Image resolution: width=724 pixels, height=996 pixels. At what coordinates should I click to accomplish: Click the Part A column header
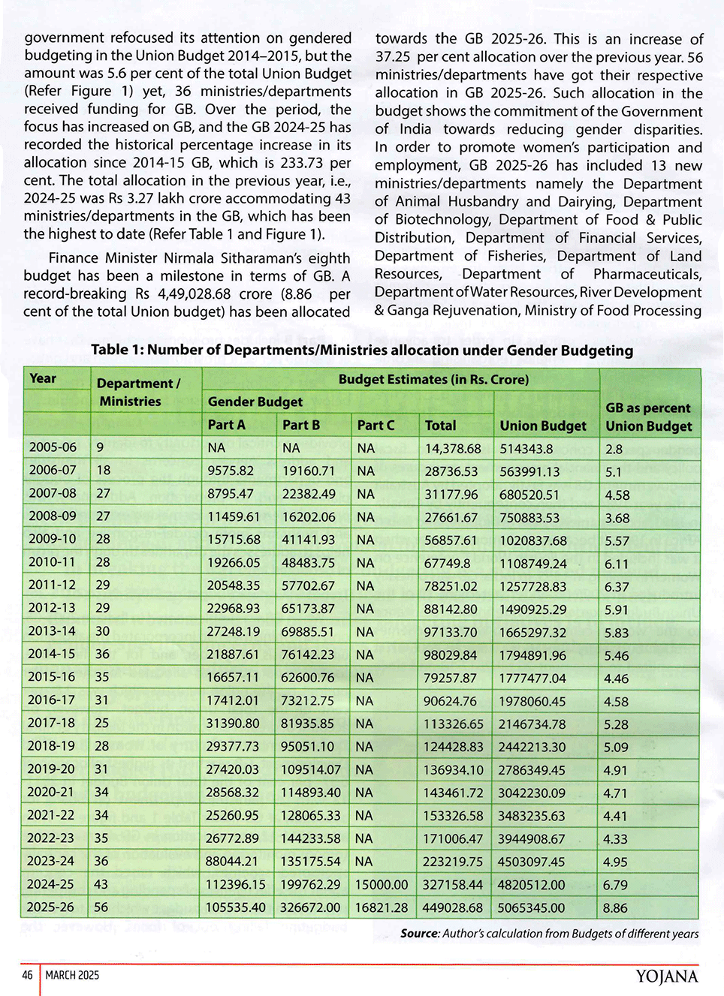click(226, 425)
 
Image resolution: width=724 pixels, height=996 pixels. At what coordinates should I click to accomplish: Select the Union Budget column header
click(542, 426)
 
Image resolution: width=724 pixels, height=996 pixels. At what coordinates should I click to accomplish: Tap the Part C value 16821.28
click(381, 907)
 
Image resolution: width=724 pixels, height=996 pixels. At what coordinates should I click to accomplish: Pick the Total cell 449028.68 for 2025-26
click(452, 907)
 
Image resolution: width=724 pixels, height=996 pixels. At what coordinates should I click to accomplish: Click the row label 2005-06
click(53, 447)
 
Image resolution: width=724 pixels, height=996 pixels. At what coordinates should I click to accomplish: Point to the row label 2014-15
click(52, 654)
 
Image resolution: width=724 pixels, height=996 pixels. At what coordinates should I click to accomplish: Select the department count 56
click(101, 907)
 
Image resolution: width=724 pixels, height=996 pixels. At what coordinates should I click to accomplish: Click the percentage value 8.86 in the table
click(615, 908)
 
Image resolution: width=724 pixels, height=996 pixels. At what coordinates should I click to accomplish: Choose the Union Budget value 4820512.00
click(531, 885)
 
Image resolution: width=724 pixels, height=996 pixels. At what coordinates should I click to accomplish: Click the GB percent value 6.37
click(617, 587)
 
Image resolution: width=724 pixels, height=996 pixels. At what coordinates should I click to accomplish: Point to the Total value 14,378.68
click(453, 448)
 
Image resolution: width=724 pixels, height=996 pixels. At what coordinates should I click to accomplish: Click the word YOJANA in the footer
click(667, 976)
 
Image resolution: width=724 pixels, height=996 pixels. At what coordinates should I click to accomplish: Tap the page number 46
click(27, 975)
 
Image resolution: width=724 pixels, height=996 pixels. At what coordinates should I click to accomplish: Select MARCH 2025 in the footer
click(72, 975)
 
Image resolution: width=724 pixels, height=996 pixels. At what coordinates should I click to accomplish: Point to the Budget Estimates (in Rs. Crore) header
click(433, 380)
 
